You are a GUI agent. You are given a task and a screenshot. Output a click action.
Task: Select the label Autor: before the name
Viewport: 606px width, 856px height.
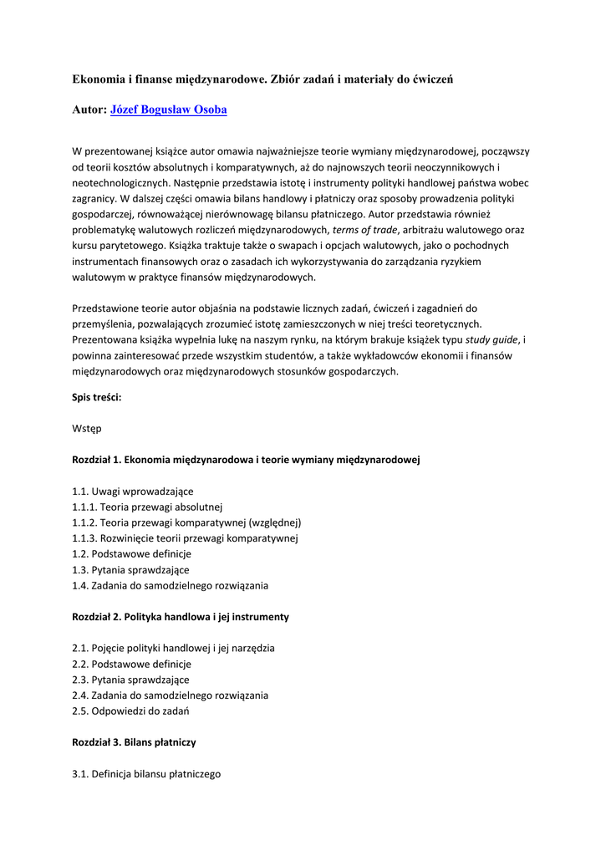pos(89,110)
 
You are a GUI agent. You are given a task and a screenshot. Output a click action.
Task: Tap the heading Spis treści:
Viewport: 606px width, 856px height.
pos(97,397)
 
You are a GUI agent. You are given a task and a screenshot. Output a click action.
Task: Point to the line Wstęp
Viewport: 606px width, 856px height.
pos(87,428)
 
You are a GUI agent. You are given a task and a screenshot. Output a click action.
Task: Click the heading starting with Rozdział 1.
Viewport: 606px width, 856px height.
pos(246,460)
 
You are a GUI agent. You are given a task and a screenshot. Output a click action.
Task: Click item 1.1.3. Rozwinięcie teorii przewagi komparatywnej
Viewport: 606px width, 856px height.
pos(185,538)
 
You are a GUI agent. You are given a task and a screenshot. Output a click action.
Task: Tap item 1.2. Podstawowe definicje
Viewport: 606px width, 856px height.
pos(132,554)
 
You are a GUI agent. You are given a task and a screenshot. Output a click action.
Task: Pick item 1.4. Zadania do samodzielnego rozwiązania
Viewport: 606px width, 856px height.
pos(171,585)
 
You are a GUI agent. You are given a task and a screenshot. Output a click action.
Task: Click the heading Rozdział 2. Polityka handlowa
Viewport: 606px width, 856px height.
pos(181,617)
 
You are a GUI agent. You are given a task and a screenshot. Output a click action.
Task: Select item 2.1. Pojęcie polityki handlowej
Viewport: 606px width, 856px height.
pos(174,648)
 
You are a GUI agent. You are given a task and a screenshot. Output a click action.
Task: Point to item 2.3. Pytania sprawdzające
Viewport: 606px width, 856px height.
pos(131,680)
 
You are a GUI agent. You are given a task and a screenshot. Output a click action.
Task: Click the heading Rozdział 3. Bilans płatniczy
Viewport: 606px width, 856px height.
pos(134,742)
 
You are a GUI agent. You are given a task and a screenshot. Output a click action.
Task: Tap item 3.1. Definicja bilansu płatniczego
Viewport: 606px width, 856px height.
pos(146,774)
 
